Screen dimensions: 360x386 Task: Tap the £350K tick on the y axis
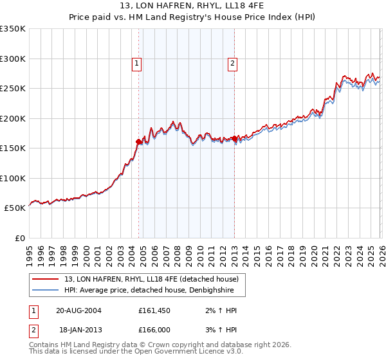13,29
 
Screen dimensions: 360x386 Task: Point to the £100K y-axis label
13,178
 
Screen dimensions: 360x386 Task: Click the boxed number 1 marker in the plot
138,63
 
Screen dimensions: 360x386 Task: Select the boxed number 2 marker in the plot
232,63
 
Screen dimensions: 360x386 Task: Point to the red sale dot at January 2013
234,138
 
